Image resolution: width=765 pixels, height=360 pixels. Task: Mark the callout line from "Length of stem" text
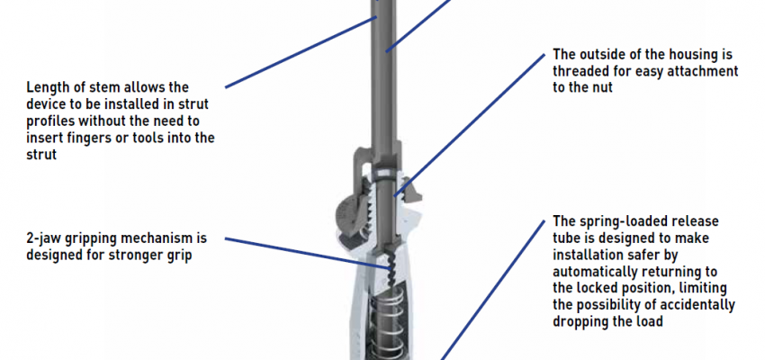click(301, 52)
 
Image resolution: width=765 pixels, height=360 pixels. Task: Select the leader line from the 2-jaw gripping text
click(309, 254)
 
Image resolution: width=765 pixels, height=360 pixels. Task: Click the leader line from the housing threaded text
click(469, 126)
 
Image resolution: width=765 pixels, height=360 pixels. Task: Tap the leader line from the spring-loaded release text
click(493, 290)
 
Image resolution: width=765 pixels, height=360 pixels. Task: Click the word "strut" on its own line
click(41, 155)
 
